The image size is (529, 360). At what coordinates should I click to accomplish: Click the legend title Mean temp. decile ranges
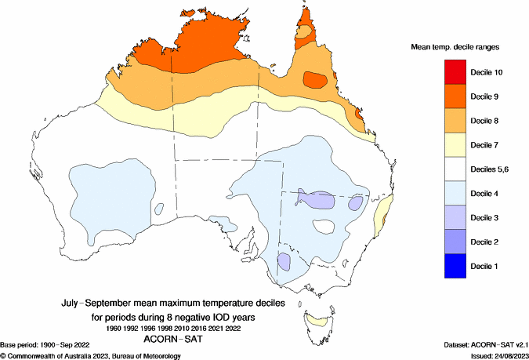point(455,48)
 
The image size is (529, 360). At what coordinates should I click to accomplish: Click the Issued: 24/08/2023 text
point(491,355)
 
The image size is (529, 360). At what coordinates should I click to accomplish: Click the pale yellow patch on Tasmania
point(315,320)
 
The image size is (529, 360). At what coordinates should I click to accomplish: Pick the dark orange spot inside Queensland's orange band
point(315,79)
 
